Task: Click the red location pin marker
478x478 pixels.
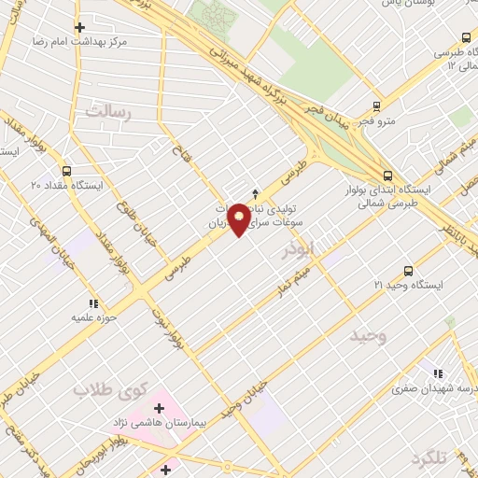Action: pos(240,218)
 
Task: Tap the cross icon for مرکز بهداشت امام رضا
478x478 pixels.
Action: pos(79,27)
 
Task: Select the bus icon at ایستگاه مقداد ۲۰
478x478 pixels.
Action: pos(65,171)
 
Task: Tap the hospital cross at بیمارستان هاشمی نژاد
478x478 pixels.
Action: pos(159,408)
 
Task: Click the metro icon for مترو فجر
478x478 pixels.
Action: pos(377,106)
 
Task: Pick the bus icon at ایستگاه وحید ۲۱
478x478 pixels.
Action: pos(407,270)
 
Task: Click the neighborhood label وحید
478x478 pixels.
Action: pos(367,335)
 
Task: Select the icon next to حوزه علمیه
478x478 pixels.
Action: pos(92,303)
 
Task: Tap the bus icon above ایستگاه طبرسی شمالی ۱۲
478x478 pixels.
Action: pos(466,37)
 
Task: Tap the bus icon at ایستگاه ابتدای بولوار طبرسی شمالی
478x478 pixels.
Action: pos(387,175)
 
